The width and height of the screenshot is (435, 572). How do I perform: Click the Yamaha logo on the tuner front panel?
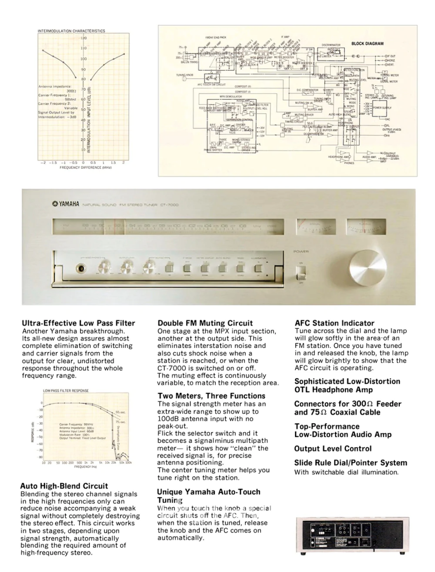[x=66, y=204]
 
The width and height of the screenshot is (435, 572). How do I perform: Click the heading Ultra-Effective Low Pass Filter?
[x=79, y=323]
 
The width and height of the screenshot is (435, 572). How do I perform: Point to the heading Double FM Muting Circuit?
[x=205, y=323]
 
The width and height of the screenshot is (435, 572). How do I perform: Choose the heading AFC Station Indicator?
[x=334, y=323]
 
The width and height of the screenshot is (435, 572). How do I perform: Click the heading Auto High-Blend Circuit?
[x=64, y=486]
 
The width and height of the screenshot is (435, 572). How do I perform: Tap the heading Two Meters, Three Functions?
[x=212, y=396]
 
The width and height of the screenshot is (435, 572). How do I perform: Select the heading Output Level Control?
[x=333, y=449]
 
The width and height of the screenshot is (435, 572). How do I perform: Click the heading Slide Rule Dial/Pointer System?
[x=351, y=463]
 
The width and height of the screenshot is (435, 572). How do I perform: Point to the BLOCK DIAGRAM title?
[x=367, y=44]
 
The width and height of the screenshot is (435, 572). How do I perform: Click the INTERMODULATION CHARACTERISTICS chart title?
[x=71, y=31]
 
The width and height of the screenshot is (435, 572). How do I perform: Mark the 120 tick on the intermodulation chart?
[x=83, y=38]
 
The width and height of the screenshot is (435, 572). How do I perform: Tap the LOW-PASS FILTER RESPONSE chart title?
[x=66, y=391]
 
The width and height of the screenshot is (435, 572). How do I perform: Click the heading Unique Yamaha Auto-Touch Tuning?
[x=209, y=496]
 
